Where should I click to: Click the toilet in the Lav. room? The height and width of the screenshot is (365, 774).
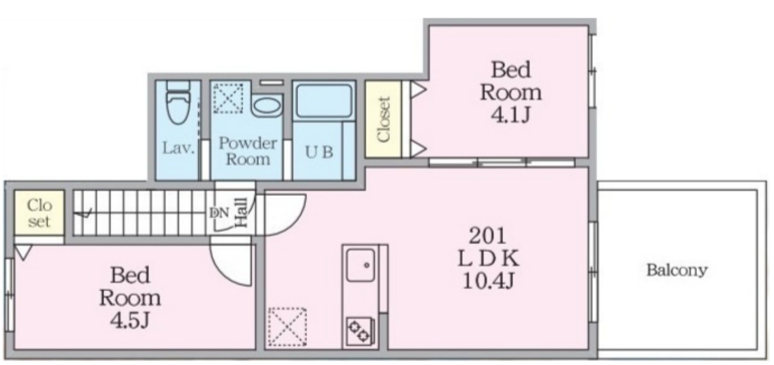point(178,103)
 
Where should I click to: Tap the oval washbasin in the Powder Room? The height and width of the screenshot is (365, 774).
point(266,105)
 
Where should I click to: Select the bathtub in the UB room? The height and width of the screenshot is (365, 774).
point(324,100)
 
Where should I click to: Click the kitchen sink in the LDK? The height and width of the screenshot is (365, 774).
point(360,265)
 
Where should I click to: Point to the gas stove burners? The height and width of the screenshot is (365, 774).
point(360,332)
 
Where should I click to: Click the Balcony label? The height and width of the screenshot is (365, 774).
point(677,270)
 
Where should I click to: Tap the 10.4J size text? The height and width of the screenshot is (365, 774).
point(489,281)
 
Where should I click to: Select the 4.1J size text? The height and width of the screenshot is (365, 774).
point(511,115)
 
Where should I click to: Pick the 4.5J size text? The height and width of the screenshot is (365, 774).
point(130,320)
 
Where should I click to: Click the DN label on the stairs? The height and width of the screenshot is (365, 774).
point(219,213)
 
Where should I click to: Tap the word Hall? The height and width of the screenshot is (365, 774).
point(242,212)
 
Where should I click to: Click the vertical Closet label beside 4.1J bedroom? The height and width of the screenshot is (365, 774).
point(383,119)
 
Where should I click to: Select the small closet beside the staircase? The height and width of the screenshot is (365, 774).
point(39,214)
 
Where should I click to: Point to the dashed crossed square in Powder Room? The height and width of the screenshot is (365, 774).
point(228,98)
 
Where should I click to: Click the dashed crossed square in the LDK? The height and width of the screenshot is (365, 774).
point(288,327)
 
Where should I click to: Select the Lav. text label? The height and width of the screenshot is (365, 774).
point(178,148)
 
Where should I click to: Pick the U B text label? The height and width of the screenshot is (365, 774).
point(319,152)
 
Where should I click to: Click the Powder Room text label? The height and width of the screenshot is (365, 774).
point(248,151)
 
